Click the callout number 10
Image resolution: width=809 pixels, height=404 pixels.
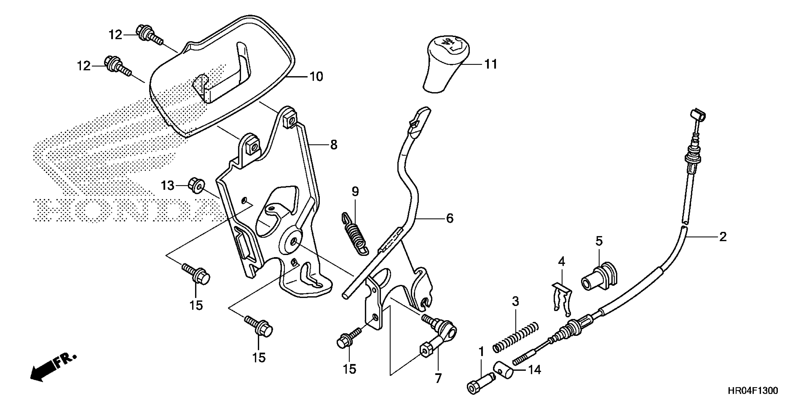pyautogui.click(x=316, y=77)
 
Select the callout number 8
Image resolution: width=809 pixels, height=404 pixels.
pyautogui.click(x=334, y=145)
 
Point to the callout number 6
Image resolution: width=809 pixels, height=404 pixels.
pyautogui.click(x=450, y=218)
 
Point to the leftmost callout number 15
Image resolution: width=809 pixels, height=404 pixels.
pyautogui.click(x=196, y=305)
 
